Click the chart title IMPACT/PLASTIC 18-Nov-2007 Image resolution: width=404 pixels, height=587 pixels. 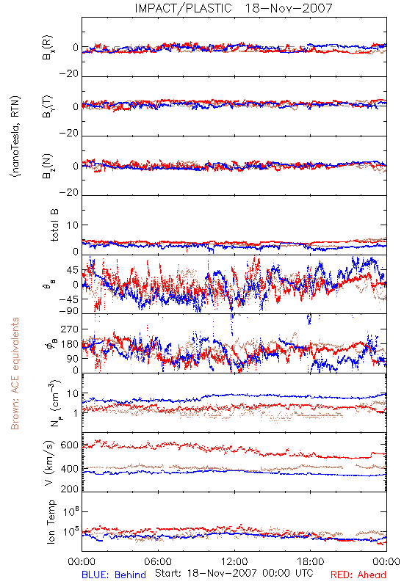point(234,8)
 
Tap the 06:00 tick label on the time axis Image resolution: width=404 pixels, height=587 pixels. point(158,561)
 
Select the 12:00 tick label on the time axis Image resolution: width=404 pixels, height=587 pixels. point(234,561)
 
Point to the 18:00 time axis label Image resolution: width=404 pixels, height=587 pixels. point(311,561)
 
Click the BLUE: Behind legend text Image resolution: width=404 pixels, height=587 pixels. point(114,575)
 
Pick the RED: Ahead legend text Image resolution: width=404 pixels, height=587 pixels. point(358,575)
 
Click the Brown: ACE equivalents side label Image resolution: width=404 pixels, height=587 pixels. point(15,373)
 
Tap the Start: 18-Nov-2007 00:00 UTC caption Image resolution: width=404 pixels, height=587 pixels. point(234,573)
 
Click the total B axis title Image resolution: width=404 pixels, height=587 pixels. point(54,225)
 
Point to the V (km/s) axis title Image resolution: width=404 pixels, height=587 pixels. point(49,463)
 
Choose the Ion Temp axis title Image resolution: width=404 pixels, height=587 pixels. point(51,521)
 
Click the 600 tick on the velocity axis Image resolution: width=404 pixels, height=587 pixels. point(70,445)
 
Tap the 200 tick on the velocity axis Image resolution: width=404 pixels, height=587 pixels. point(70,489)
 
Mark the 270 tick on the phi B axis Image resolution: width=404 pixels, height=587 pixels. point(70,329)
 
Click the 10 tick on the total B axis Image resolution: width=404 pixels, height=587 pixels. point(73,225)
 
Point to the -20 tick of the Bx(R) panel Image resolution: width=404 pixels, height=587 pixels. point(68,74)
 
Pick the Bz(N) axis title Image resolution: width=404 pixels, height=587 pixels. point(47,166)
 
